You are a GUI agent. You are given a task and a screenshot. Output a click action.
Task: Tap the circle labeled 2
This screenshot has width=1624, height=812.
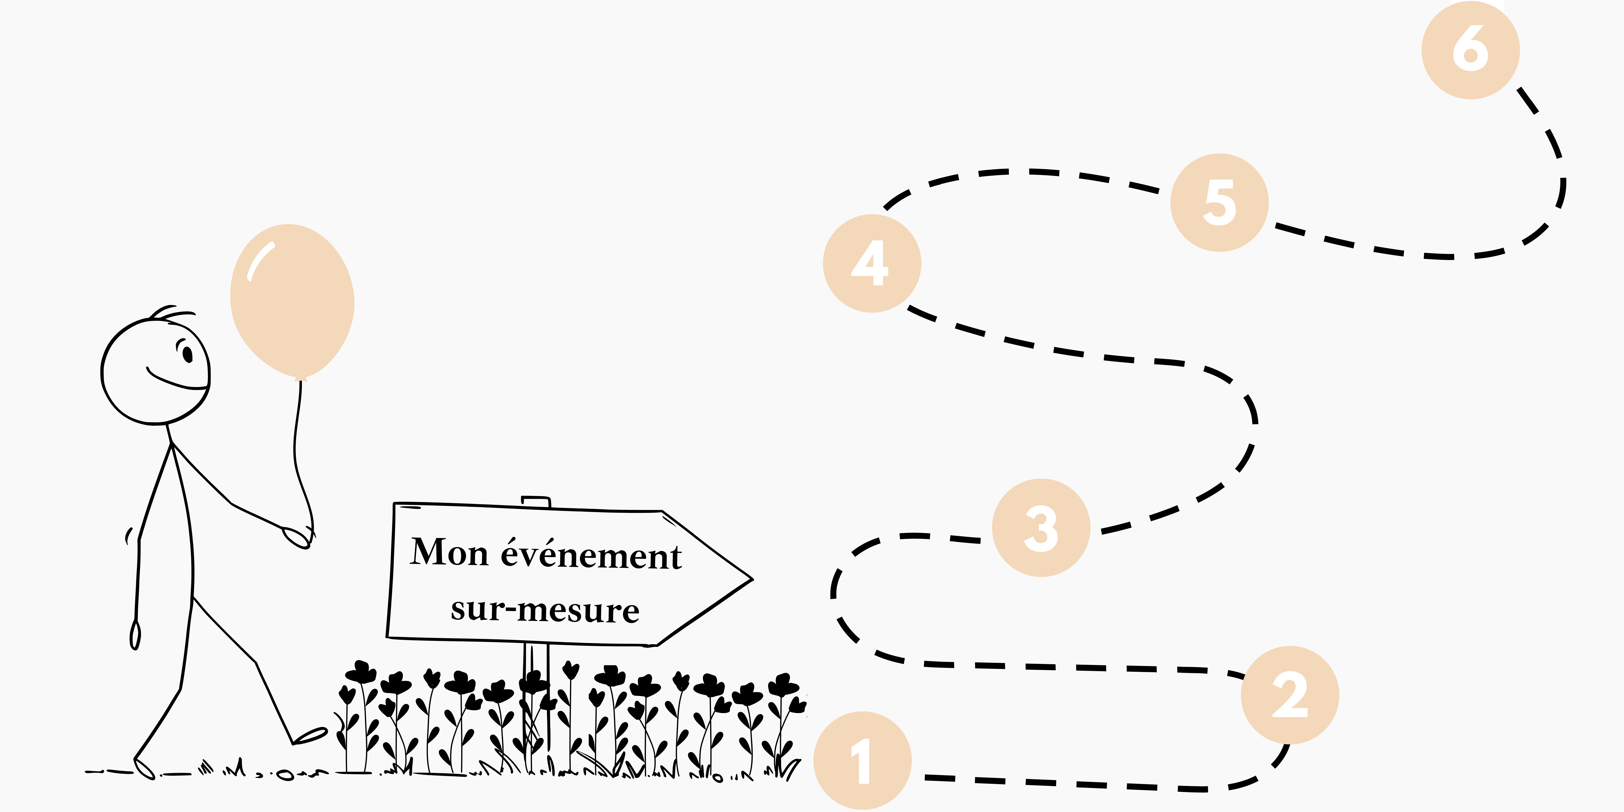pyautogui.click(x=1290, y=695)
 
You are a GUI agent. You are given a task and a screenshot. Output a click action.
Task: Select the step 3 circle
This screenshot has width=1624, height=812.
pyautogui.click(x=1041, y=528)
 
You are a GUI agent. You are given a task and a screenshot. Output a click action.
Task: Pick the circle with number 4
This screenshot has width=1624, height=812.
pyautogui.click(x=872, y=264)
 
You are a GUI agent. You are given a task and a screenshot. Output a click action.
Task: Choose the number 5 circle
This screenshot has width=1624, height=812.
pyautogui.click(x=1219, y=202)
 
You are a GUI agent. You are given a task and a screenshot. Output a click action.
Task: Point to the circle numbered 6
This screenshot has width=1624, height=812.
pyautogui.click(x=1471, y=50)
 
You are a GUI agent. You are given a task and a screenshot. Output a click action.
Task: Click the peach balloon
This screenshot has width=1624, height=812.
pyautogui.click(x=292, y=303)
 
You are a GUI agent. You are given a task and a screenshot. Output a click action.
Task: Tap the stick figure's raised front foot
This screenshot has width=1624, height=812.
pyautogui.click(x=310, y=735)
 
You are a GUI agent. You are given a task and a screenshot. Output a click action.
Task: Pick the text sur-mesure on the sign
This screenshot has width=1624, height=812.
pyautogui.click(x=545, y=610)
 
